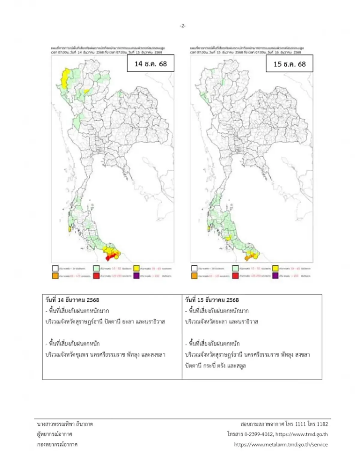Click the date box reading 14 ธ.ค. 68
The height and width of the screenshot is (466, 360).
click(150, 63)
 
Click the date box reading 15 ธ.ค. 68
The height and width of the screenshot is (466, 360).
click(289, 64)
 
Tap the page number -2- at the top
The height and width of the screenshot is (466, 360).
click(182, 26)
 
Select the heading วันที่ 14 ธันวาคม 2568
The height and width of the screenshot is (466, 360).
click(72, 300)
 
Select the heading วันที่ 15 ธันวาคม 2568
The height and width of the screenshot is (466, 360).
click(212, 300)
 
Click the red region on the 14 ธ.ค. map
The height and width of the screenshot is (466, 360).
click(110, 256)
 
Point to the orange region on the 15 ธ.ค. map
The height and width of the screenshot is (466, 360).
click(248, 257)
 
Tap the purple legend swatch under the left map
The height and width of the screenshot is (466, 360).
click(137, 276)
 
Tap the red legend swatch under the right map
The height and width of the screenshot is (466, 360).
click(235, 276)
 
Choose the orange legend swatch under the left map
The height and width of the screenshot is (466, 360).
click(55, 276)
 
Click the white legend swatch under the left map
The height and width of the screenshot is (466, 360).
click(55, 268)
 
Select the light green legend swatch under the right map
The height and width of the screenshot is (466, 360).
click(235, 268)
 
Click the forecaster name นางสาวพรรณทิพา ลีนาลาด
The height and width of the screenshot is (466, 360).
click(65, 424)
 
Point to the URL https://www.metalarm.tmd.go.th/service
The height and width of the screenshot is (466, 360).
click(280, 444)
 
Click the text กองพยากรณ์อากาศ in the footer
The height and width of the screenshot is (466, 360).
click(57, 444)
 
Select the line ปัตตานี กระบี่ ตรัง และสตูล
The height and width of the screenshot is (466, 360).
click(215, 365)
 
